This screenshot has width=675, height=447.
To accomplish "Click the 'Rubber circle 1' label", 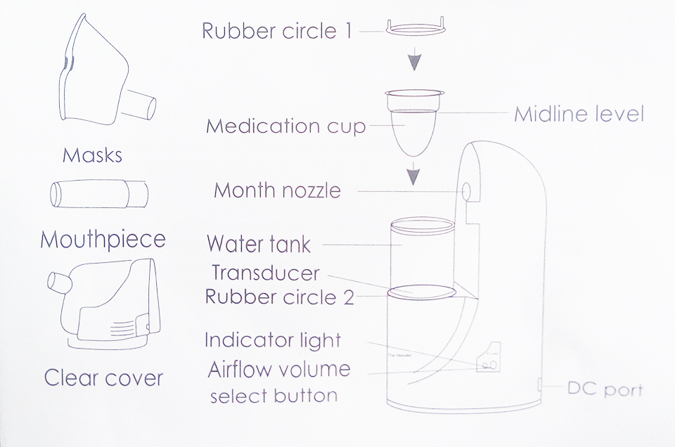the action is tap(277, 31).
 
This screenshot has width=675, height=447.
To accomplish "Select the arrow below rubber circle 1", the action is tap(413, 60).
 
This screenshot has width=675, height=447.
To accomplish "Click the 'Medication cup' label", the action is tap(286, 127).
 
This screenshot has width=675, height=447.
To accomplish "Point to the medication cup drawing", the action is tap(415, 122).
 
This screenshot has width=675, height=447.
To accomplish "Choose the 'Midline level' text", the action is tap(579, 114).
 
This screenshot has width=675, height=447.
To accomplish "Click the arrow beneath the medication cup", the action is tap(413, 174).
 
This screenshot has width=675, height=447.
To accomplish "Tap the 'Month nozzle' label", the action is tap(277, 190).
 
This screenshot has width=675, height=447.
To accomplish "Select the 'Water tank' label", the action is tap(258, 244).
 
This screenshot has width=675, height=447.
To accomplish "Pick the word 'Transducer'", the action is tap(266, 273).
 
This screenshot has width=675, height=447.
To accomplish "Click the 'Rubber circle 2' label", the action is tap(280, 297).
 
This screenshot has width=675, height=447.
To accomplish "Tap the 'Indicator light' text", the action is tap(273, 340).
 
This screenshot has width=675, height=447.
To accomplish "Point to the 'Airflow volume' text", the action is tap(279, 370).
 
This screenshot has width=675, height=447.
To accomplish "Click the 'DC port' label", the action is tap(605, 389).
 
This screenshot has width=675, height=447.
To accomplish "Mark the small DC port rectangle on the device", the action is tap(540, 384).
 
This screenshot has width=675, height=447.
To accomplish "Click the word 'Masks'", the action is tap(93, 155).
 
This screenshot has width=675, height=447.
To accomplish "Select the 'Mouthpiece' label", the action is tap(103, 239).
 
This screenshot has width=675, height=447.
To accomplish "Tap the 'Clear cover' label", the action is tap(104, 378).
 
